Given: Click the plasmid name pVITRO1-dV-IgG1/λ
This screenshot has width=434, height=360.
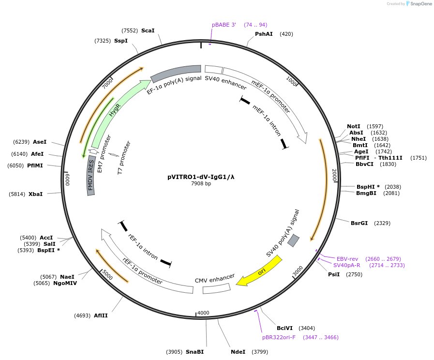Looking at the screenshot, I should point(201,177).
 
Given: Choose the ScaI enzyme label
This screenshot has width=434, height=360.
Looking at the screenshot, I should point(148,30).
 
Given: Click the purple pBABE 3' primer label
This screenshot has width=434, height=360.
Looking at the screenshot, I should point(224,25).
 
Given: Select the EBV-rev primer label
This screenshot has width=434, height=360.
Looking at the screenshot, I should point(347,259).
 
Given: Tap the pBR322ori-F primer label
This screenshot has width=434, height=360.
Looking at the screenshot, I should point(279,337).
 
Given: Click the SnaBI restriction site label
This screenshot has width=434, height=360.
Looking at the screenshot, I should point(195,352).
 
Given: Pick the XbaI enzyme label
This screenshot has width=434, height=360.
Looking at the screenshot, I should point(35,194).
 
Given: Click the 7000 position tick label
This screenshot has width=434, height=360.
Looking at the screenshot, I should point(107,83).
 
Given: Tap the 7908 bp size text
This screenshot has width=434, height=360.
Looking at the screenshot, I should point(201,184).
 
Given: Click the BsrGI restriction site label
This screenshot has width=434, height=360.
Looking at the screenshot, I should point(359,223).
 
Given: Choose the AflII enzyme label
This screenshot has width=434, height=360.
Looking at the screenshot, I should point(101,315).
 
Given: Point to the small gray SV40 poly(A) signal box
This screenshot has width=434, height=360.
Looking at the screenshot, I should point(293,240).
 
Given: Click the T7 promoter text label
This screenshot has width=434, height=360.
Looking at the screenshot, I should point(124,157).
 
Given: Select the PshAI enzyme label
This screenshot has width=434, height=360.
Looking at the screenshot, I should point(264,34).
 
